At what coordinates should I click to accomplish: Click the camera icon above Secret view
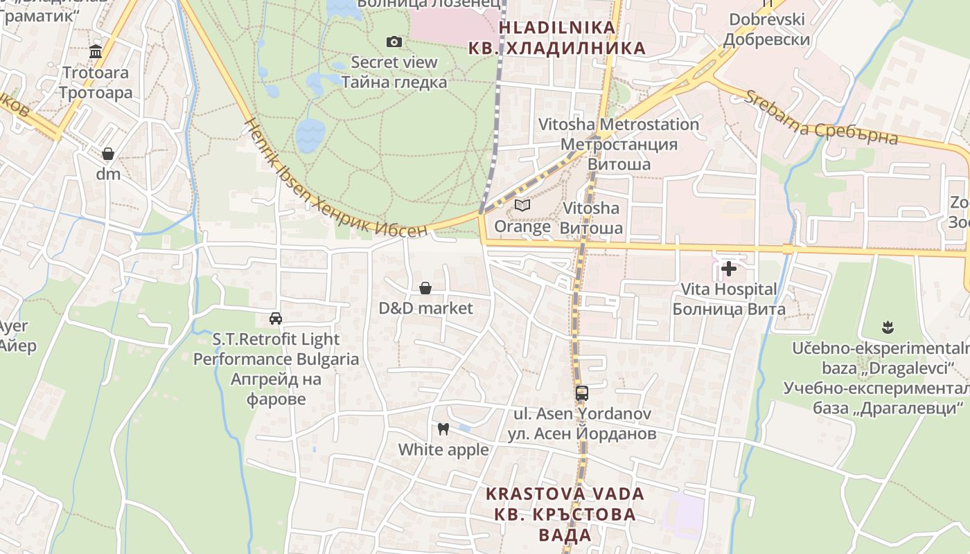(x=394, y=42)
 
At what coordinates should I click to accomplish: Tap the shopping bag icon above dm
(x=108, y=154)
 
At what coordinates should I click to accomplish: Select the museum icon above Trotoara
(x=96, y=52)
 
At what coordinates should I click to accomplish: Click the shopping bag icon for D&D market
(x=425, y=288)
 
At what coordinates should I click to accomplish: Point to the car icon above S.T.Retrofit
(x=276, y=319)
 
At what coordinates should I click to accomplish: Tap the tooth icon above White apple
(x=443, y=429)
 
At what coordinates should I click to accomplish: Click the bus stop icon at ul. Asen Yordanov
(x=582, y=393)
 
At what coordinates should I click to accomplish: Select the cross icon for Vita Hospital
(x=729, y=269)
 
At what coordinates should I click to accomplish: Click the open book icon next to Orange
(x=522, y=206)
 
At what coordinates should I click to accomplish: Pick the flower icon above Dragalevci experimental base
(x=887, y=327)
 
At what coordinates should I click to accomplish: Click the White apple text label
(x=443, y=449)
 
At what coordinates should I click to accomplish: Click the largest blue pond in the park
(x=310, y=135)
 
